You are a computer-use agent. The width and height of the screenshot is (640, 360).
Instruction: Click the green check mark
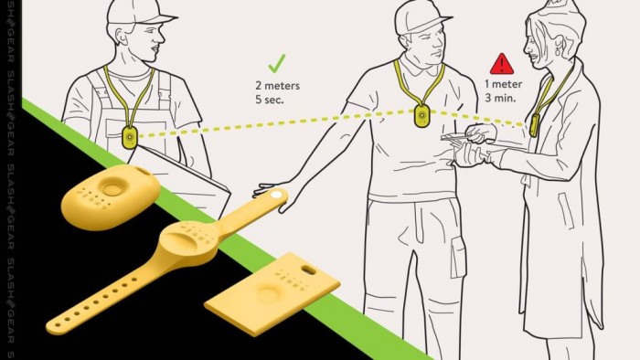pyautogui.click(x=277, y=64)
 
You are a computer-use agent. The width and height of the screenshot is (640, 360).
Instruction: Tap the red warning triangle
pyautogui.click(x=502, y=64)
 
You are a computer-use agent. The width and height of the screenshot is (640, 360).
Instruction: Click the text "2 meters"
pyautogui.click(x=278, y=86)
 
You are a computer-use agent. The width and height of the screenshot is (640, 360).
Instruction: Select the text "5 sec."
pyautogui.click(x=270, y=100)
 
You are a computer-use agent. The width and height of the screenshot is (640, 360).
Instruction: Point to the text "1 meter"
pyautogui.click(x=503, y=84)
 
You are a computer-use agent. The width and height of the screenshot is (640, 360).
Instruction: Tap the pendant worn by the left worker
pyautogui.click(x=130, y=137)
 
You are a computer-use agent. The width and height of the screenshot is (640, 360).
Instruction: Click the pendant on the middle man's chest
pyautogui.click(x=422, y=116)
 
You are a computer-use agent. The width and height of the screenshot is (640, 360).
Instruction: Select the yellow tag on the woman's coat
pyautogui.click(x=534, y=125)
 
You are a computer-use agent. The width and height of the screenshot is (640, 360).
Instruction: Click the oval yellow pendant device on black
pyautogui.click(x=111, y=196)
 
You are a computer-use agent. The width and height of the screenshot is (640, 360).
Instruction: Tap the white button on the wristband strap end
pyautogui.click(x=276, y=195)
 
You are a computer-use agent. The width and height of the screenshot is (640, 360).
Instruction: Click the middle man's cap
pyautogui.click(x=420, y=18)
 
